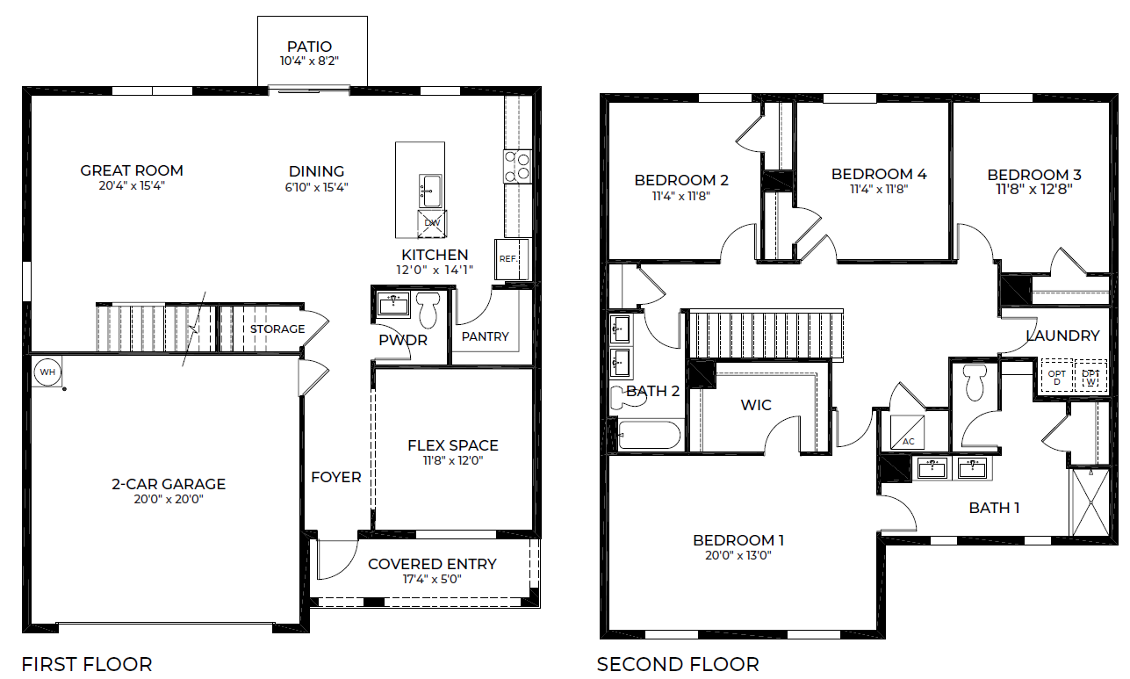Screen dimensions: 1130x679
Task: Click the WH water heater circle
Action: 47,372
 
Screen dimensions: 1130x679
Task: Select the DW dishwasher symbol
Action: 432,224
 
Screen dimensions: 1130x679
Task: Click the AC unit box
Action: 907,431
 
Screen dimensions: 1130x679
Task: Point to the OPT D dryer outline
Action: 1057,376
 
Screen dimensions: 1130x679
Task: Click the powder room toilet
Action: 428,309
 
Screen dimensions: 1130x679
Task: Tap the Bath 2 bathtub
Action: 649,435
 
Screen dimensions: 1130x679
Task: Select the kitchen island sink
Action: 431,191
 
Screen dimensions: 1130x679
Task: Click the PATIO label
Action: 309,47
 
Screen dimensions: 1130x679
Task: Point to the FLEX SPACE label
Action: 453,445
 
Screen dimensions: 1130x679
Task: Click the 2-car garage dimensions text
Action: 169,499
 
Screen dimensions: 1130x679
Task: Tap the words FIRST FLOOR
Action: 87,664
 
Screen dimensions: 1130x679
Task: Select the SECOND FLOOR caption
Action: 678,664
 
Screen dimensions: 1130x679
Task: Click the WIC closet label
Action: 756,405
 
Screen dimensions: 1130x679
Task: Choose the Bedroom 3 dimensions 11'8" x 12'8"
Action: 1034,190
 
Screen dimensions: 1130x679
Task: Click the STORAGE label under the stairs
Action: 277,329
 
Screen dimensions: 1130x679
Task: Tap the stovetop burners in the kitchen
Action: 517,167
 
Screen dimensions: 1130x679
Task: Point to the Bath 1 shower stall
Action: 1090,502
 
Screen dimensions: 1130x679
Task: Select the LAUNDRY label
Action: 1062,336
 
